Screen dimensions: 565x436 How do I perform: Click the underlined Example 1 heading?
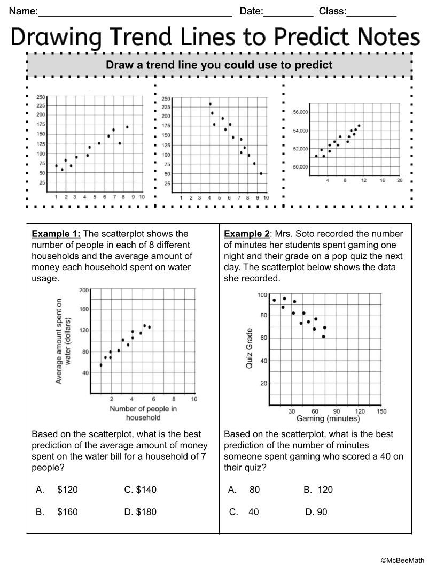coord(56,234)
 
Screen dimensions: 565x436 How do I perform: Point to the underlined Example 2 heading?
coord(247,234)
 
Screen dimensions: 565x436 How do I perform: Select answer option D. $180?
coord(141,512)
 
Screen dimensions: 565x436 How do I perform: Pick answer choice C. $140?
coord(141,490)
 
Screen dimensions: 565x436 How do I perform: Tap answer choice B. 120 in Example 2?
coord(318,490)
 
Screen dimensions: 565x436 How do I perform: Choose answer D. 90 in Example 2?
coord(316,512)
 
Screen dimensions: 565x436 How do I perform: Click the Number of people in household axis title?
coord(143,413)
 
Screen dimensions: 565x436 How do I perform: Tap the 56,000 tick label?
coord(300,112)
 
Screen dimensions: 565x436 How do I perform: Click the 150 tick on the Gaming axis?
coord(381,411)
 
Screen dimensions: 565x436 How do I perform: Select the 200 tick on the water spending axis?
coord(84,290)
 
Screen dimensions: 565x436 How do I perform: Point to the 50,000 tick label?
coord(300,167)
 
